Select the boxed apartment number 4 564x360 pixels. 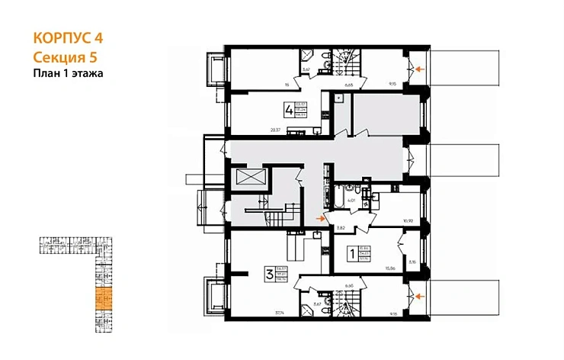289,110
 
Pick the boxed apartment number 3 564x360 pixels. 269,273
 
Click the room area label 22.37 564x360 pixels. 275,130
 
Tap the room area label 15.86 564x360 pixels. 391,268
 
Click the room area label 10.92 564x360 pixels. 409,222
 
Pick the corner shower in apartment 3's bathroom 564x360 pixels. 308,309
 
